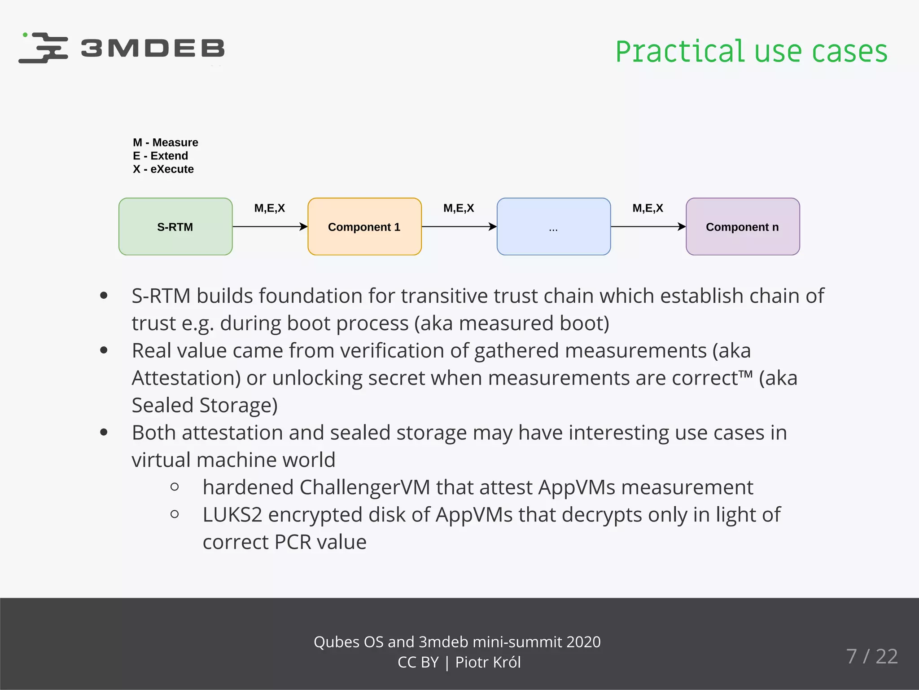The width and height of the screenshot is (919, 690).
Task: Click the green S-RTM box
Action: tap(175, 226)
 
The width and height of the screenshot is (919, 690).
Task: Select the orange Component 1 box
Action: tap(364, 226)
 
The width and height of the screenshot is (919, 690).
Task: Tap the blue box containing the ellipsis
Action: tap(553, 226)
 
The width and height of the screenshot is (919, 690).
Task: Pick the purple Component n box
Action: tap(743, 226)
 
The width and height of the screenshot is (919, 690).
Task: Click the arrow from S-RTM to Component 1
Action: tap(270, 226)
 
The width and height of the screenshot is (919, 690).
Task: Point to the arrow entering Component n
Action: tap(648, 226)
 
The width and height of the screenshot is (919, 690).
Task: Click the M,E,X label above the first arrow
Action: tap(269, 208)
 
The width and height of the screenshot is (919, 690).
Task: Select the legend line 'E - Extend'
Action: tap(160, 156)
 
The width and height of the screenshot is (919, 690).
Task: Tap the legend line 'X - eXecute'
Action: tap(163, 169)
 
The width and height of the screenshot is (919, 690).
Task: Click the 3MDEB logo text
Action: tap(153, 48)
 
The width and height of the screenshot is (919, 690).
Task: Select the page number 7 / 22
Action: tap(872, 656)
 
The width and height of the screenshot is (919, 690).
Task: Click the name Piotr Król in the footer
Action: tap(488, 663)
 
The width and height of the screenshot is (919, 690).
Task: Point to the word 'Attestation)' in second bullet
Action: tap(186, 378)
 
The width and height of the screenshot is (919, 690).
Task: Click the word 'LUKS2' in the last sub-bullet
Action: tap(232, 515)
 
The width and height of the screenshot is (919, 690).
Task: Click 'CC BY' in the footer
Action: tap(418, 663)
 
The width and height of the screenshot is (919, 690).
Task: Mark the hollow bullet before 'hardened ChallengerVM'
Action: tap(175, 487)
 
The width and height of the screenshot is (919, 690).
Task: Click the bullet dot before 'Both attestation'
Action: tap(104, 433)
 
